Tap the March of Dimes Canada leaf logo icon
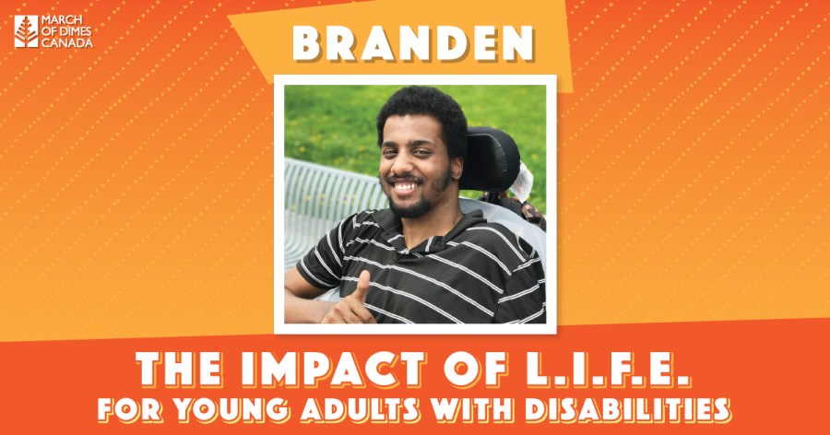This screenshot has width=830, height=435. [26, 31]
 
